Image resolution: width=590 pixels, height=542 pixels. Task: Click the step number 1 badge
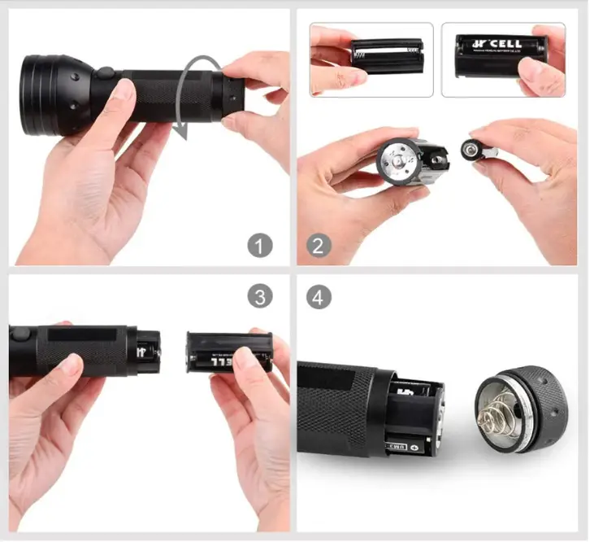click(259, 244)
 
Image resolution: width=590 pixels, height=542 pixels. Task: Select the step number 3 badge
click(259, 297)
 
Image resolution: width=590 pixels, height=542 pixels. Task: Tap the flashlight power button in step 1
click(104, 75)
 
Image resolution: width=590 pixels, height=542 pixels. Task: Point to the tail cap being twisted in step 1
click(230, 92)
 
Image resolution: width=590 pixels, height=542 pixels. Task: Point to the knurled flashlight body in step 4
click(333, 407)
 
